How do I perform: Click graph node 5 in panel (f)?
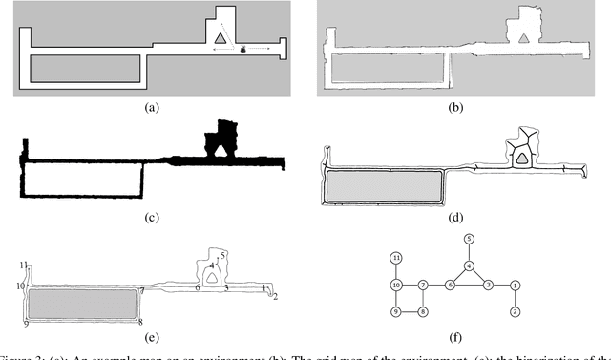point(469,238)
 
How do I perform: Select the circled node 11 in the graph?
point(395,259)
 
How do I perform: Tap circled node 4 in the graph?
point(469,265)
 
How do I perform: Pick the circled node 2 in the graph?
point(515,312)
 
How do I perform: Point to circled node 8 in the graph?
point(423,312)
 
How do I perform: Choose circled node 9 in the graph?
point(395,312)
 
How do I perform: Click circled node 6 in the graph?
point(449,286)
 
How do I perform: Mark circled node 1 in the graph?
point(515,286)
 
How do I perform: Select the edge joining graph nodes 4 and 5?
point(469,251)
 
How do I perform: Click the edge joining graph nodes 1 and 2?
point(515,299)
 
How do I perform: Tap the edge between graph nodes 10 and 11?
point(395,272)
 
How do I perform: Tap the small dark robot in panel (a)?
point(243,47)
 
